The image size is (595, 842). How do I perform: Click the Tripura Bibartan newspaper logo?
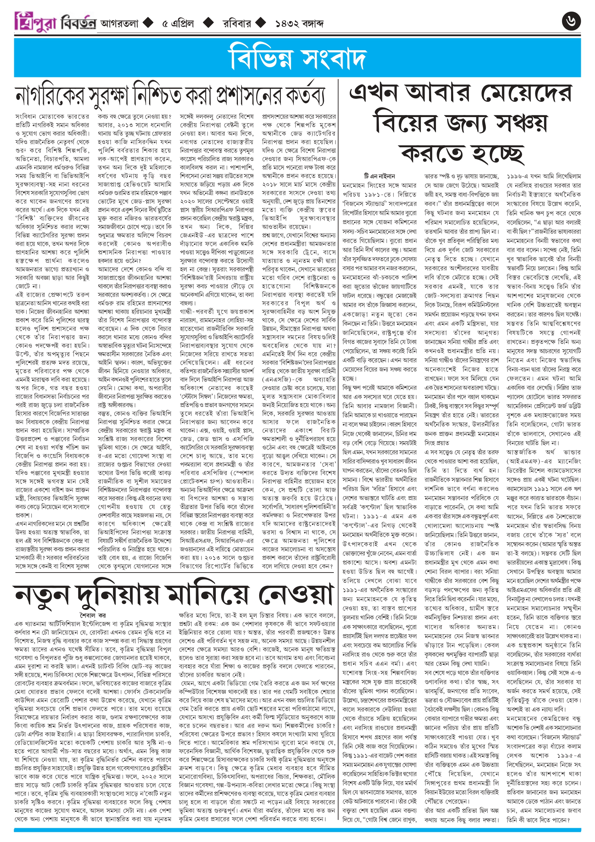pyautogui.click(x=55, y=23)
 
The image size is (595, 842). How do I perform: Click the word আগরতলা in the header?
pyautogui.click(x=119, y=23)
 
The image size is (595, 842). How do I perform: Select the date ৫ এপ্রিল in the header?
pyautogui.click(x=178, y=23)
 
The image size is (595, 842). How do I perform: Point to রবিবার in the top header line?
pyautogui.click(x=237, y=23)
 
